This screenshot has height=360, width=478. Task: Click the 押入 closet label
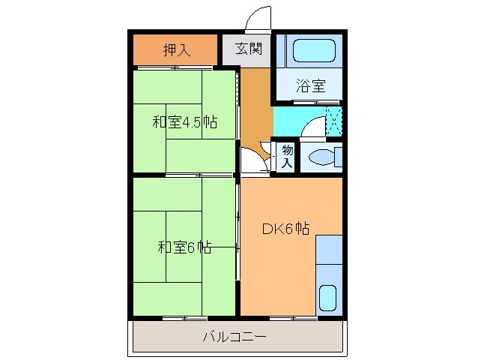pyautogui.click(x=177, y=50)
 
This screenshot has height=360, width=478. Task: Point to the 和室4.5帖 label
pyautogui.click(x=185, y=121)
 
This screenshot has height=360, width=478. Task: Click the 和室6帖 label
pyautogui.click(x=184, y=247)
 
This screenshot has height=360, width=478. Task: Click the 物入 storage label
pyautogui.click(x=287, y=157)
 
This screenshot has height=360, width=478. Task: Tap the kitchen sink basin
pyautogui.click(x=328, y=298)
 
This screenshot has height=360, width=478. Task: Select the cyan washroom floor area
pyautogui.click(x=288, y=120)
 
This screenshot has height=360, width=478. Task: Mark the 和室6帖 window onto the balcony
pyautogui.click(x=183, y=318)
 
